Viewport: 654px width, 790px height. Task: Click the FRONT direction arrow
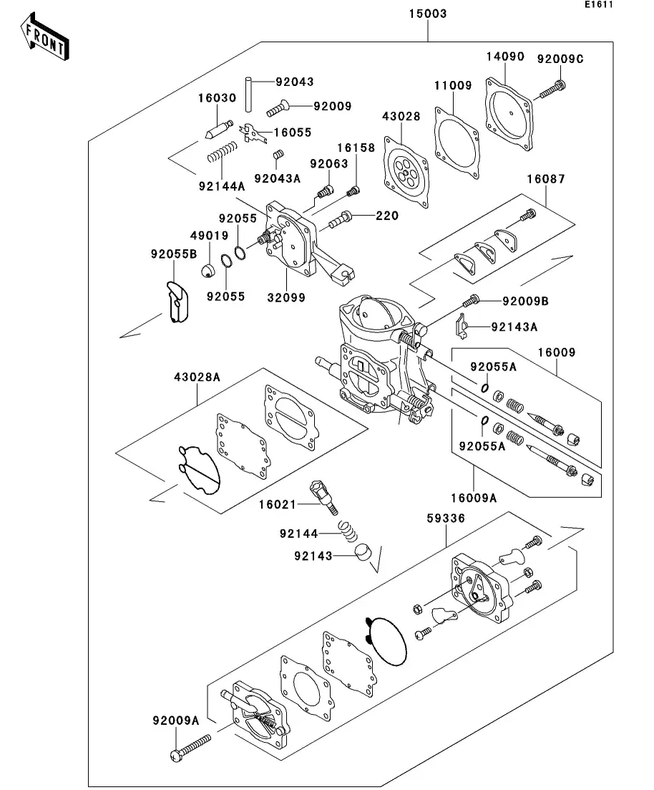45,39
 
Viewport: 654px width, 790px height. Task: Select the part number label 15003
428,14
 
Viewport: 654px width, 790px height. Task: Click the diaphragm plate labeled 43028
405,172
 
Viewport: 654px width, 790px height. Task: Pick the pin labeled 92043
248,92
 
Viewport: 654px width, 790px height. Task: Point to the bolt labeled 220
340,218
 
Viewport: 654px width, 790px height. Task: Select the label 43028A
197,377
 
